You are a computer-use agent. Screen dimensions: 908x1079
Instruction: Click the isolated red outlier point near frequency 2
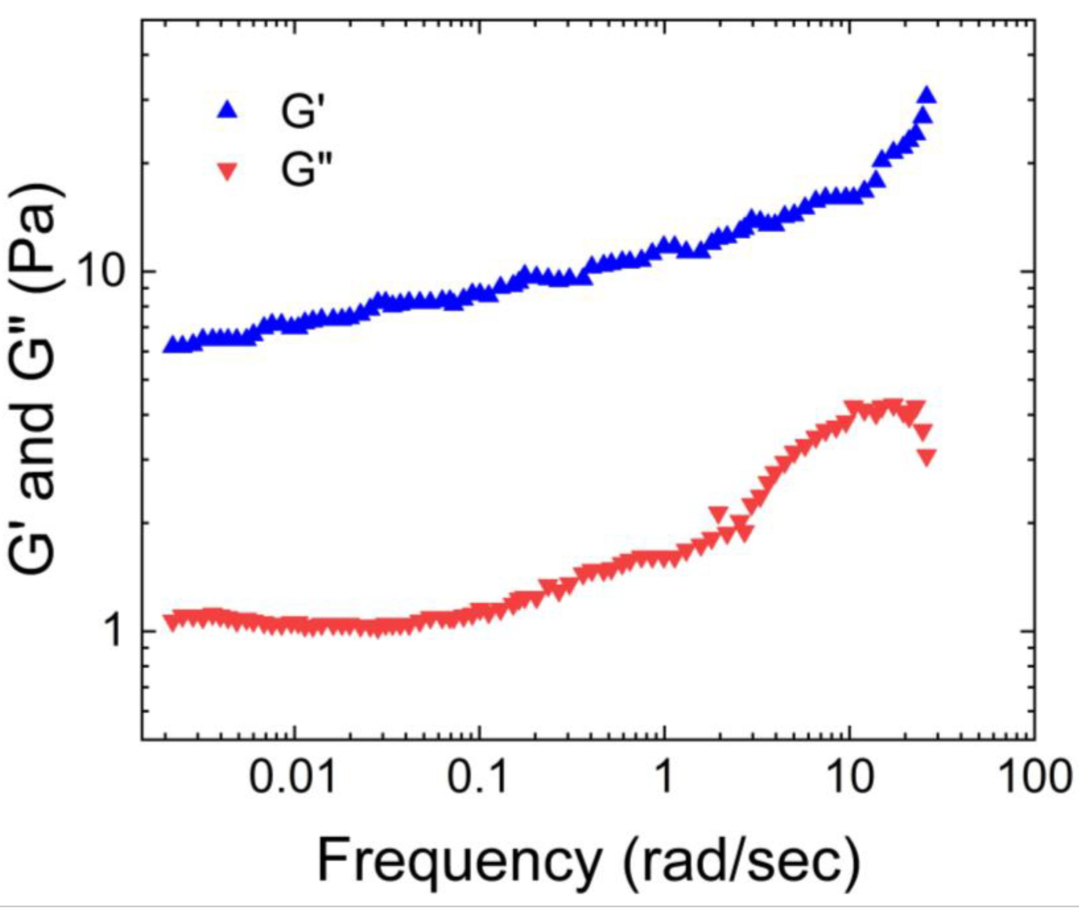(x=718, y=514)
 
